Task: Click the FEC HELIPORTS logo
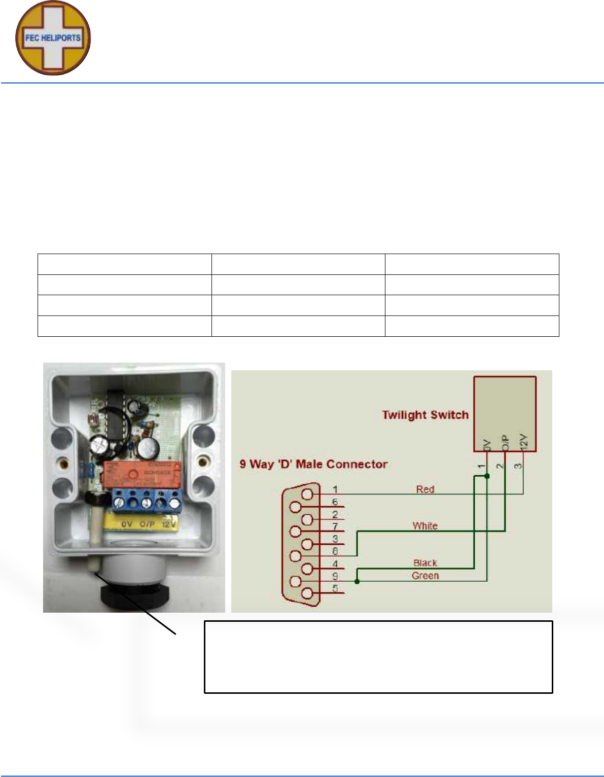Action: tap(53, 38)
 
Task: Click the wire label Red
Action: tap(425, 489)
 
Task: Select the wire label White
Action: tap(425, 525)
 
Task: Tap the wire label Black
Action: tap(425, 562)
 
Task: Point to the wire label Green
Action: tap(425, 576)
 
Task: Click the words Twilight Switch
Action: tap(425, 415)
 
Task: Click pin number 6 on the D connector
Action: tap(335, 502)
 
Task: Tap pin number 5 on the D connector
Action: tap(335, 588)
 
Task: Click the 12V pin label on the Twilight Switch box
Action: tap(524, 442)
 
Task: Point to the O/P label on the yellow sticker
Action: tap(147, 524)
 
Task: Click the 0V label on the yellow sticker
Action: tap(127, 524)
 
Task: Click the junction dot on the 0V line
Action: tap(487, 476)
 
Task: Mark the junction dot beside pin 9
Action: tap(358, 581)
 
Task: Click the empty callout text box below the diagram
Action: tap(378, 656)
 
